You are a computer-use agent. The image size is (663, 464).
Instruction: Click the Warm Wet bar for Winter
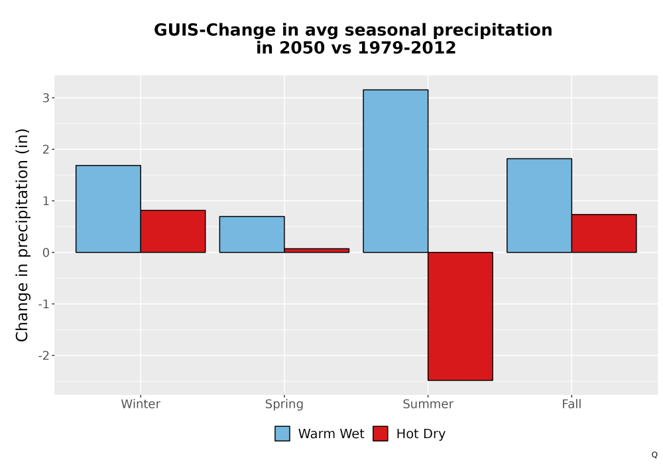click(108, 209)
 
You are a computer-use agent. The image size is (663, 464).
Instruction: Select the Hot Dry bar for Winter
click(173, 231)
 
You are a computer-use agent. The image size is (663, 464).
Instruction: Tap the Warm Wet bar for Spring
click(252, 235)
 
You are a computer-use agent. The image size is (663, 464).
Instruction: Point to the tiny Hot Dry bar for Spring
click(317, 251)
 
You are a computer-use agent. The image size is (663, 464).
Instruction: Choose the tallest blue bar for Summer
click(396, 171)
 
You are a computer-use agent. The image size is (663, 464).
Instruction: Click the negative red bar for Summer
click(461, 316)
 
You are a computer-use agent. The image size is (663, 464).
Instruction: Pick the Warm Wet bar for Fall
click(540, 205)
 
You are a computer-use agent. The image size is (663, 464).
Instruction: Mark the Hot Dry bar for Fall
click(604, 233)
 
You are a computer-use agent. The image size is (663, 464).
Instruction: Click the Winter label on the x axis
click(141, 404)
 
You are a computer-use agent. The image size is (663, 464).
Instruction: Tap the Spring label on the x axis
click(284, 404)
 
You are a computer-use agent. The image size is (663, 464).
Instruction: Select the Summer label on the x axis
click(428, 404)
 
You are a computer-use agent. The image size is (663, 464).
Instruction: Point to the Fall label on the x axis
click(572, 404)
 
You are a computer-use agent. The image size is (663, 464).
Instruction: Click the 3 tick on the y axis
click(46, 98)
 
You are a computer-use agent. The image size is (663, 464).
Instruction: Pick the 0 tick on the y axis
click(46, 253)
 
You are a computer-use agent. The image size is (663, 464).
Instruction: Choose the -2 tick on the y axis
click(44, 356)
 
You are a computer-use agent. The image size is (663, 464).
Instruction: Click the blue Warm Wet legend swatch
click(282, 434)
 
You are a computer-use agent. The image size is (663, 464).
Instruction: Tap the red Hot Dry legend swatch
click(381, 434)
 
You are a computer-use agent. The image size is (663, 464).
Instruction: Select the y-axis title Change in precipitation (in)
click(22, 235)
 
